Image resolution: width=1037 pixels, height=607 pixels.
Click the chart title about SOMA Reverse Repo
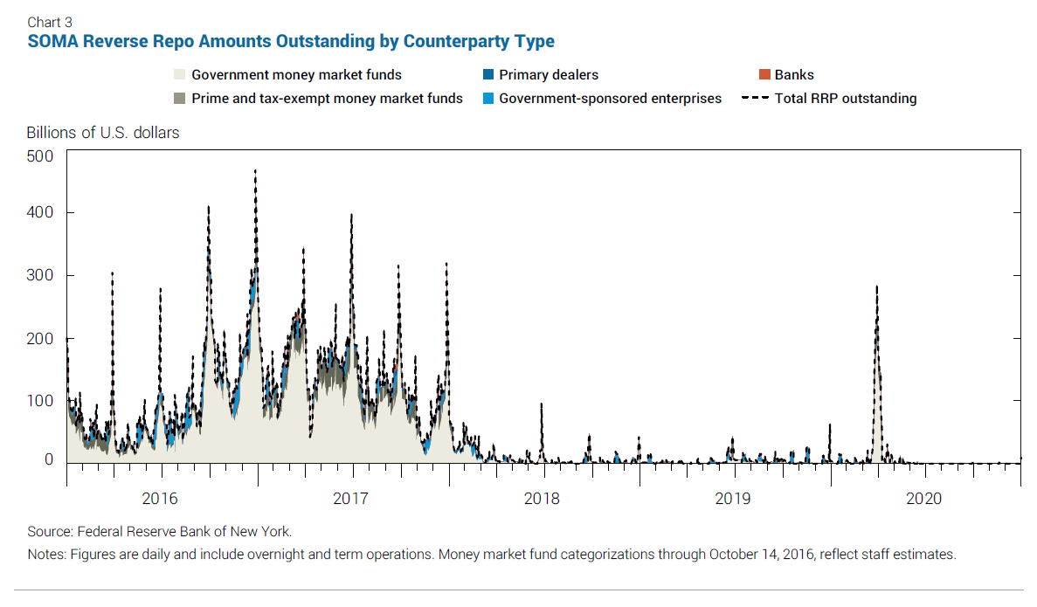[x=291, y=41]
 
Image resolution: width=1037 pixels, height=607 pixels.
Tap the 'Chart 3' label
[x=50, y=22]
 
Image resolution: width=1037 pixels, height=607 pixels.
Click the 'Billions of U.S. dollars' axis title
[x=103, y=133]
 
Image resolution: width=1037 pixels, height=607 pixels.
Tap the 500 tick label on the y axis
[x=42, y=156]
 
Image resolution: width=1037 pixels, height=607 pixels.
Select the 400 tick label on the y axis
[x=42, y=212]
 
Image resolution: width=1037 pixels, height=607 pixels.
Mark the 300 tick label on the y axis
[x=42, y=275]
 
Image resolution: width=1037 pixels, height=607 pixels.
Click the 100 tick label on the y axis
[x=42, y=400]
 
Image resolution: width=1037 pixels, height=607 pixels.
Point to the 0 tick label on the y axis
[x=50, y=460]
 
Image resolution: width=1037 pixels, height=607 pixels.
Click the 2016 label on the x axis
[x=159, y=499]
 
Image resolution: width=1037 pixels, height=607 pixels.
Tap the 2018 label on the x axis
[x=542, y=499]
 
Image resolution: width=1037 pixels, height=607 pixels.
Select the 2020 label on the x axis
[x=924, y=499]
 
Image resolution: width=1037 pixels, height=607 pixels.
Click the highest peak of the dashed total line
[x=255, y=171]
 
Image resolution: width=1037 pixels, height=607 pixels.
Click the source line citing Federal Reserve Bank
[x=160, y=531]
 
